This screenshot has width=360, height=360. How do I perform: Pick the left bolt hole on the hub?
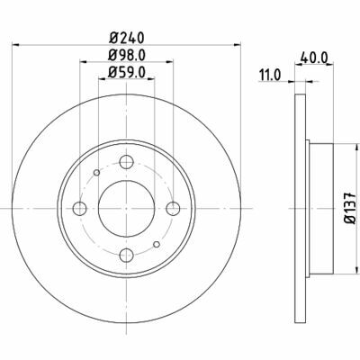[78, 209]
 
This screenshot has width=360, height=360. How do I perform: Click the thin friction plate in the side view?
[297, 208]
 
